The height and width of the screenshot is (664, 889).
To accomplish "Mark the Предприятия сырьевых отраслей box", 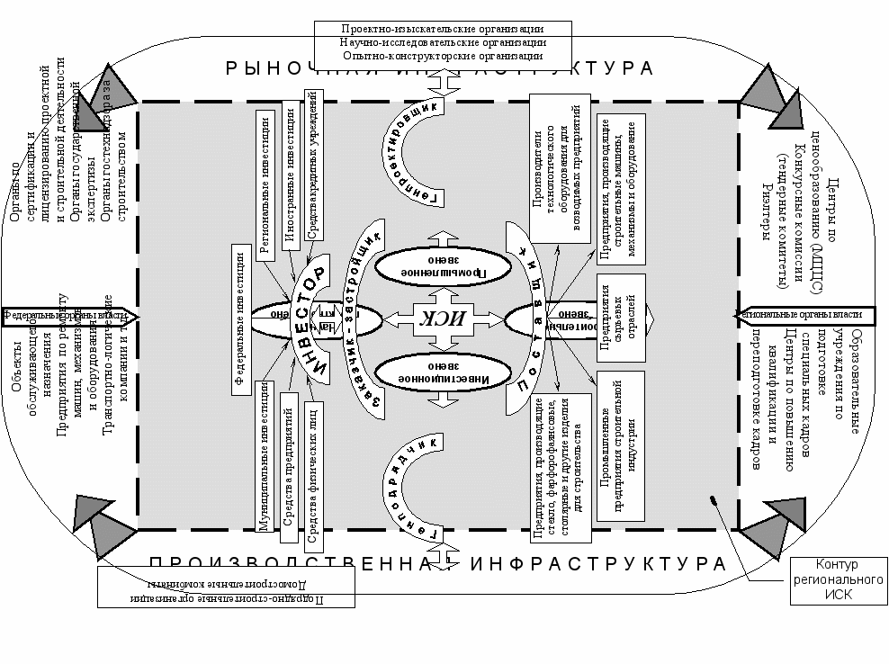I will pos(621,314).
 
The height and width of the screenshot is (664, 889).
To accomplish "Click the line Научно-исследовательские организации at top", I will pos(443,42).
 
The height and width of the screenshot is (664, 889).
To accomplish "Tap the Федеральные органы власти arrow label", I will pos(67,316).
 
